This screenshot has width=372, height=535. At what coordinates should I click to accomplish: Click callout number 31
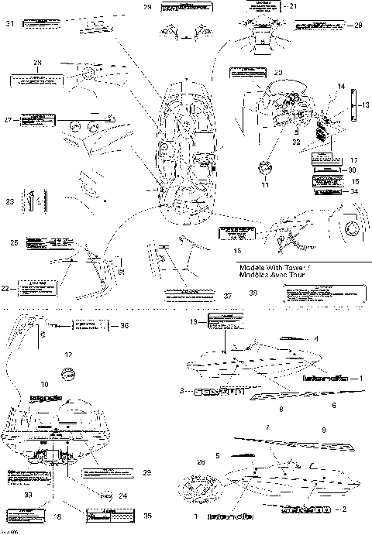(10, 24)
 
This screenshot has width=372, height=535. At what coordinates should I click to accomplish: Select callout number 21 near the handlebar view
(293, 5)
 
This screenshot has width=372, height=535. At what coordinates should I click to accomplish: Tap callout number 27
(9, 120)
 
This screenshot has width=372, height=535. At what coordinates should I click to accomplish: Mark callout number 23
(11, 201)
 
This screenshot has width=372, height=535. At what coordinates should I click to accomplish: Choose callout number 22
(5, 288)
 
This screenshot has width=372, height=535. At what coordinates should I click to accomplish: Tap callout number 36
(124, 326)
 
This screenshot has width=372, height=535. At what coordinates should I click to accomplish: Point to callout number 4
(317, 339)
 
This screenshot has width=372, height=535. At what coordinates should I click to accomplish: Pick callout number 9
(324, 429)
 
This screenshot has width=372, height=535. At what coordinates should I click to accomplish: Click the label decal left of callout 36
(87, 326)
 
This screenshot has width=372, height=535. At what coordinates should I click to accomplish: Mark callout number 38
(253, 293)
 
